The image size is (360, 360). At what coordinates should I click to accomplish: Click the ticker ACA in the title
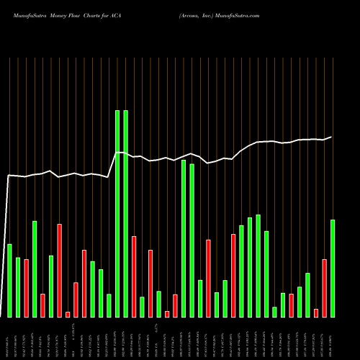click(x=115, y=14)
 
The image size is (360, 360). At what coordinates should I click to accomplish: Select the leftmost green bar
click(x=10, y=281)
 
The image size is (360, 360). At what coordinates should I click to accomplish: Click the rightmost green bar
click(x=333, y=268)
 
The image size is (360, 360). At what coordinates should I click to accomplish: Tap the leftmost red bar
click(x=27, y=288)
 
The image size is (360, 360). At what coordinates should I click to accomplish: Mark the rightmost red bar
click(x=325, y=288)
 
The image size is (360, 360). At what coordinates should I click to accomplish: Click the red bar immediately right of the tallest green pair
click(x=134, y=276)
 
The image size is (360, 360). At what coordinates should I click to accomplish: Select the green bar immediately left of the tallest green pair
click(x=109, y=305)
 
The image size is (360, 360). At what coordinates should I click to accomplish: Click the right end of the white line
click(x=332, y=137)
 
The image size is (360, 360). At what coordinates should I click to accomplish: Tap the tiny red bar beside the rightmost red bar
click(x=316, y=312)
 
